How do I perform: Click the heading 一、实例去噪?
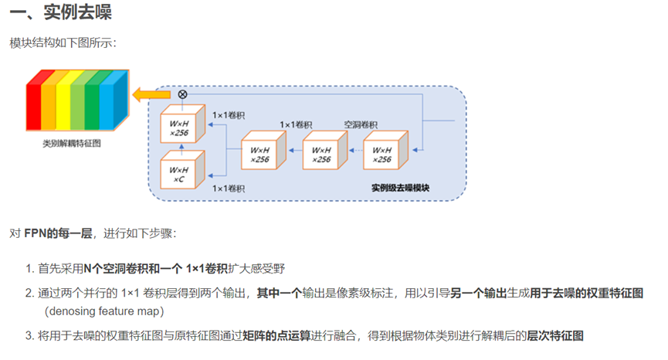tap(56, 14)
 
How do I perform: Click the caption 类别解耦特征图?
tap(72, 143)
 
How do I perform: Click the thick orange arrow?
tap(144, 94)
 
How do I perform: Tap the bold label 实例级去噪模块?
tap(399, 188)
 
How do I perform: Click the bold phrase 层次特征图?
tap(555, 335)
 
